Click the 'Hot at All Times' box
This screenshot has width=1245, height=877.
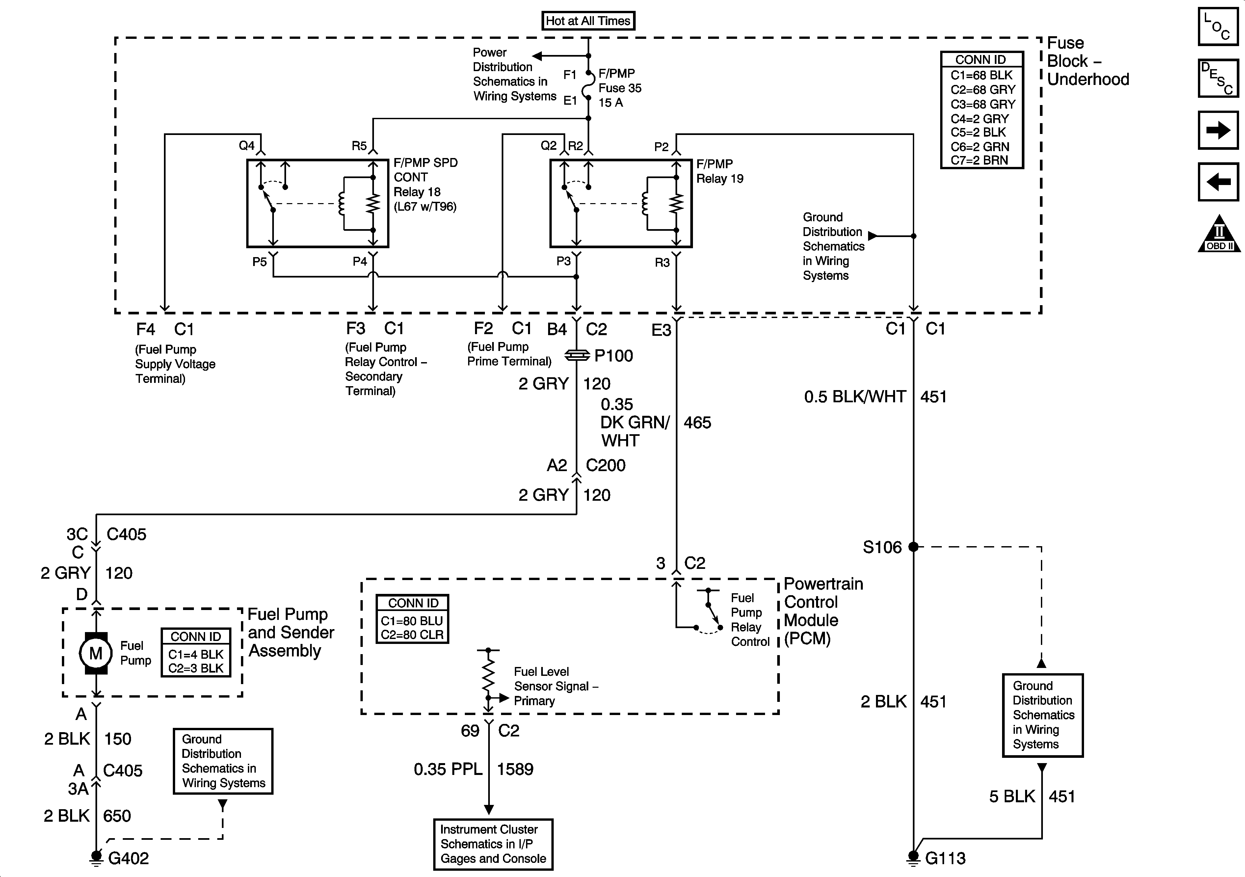pos(588,21)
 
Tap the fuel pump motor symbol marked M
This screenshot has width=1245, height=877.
pos(96,653)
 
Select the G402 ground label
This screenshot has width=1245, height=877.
pos(128,858)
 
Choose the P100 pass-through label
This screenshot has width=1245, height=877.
pos(613,356)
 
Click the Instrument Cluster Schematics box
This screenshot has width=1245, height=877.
pos(493,844)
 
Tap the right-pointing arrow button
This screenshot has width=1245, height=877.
pos(1218,130)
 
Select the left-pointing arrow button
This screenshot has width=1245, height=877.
pos(1218,182)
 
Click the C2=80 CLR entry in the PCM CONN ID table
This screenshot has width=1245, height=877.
pos(412,635)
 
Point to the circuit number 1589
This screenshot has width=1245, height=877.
pos(515,769)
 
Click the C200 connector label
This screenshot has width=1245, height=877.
pos(606,465)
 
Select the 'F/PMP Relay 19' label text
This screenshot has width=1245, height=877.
pos(720,172)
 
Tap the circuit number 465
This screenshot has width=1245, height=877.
pos(697,422)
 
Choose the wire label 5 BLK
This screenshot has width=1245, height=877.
pos(1012,796)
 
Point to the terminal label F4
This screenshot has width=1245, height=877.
pos(146,329)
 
